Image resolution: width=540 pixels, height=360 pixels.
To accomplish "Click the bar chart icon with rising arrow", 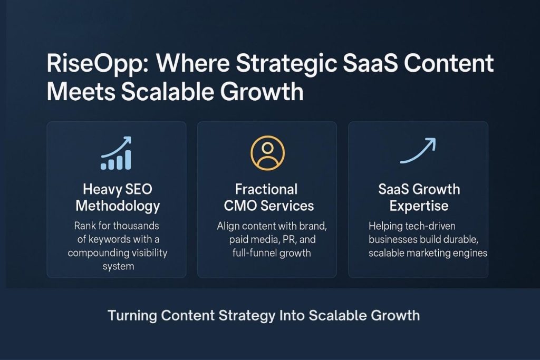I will click(x=116, y=153).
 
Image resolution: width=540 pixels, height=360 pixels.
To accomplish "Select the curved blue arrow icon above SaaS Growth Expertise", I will click(x=418, y=151).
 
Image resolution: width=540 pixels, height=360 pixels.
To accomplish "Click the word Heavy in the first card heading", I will click(x=99, y=190).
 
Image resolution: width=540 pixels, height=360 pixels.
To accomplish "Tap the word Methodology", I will click(x=117, y=206).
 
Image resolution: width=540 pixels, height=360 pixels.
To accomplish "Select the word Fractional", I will click(x=267, y=189).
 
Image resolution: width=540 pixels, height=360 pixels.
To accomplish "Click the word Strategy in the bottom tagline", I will click(x=246, y=316).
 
